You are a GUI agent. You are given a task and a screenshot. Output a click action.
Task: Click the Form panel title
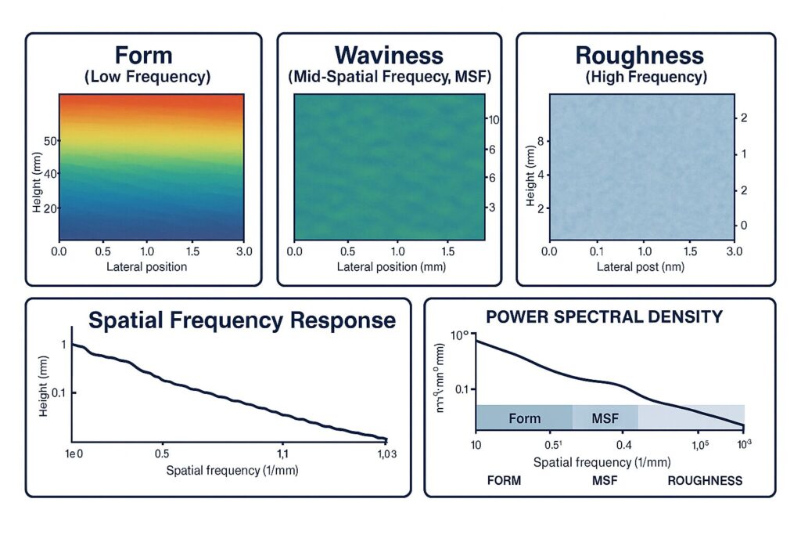(143, 56)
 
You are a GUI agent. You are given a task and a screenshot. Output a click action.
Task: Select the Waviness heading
(389, 56)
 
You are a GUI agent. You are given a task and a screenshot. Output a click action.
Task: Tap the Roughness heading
(639, 56)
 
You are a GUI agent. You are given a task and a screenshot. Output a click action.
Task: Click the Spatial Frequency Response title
(242, 320)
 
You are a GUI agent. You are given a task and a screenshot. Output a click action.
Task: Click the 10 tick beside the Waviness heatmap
(494, 120)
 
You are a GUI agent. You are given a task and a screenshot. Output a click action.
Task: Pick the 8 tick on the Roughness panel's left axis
(540, 141)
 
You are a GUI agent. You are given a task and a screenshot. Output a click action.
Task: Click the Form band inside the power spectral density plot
(524, 418)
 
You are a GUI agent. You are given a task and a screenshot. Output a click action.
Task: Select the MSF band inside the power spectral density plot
(605, 418)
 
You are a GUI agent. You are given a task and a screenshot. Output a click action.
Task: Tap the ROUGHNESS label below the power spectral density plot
(704, 480)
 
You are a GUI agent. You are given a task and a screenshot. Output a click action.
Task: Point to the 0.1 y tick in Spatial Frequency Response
(57, 392)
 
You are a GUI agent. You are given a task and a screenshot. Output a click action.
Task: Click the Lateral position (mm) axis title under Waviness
(386, 267)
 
